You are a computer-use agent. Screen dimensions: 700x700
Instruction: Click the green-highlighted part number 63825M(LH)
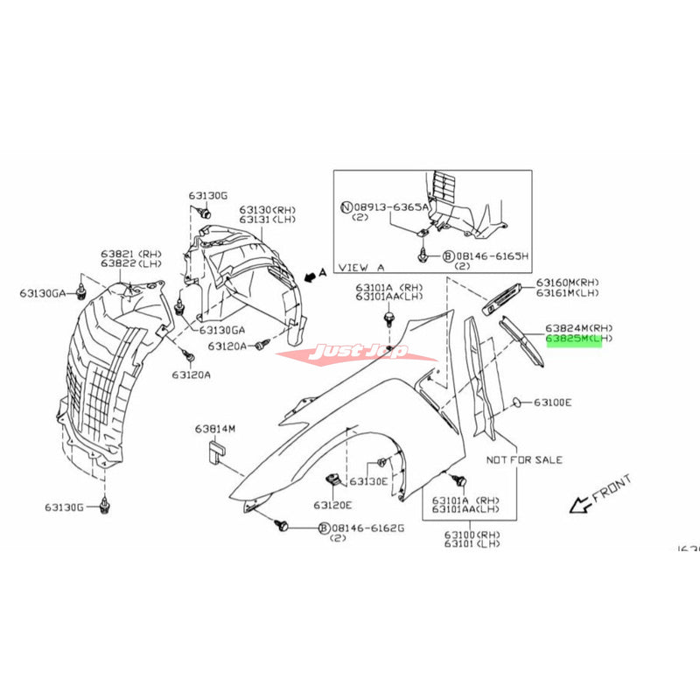(x=573, y=338)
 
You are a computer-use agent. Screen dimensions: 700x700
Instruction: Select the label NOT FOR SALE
(x=524, y=459)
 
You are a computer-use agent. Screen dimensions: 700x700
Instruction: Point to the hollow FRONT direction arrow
(x=578, y=504)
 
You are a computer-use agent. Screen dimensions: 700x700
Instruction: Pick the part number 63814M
(x=215, y=429)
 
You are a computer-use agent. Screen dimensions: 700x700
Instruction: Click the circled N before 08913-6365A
(x=346, y=206)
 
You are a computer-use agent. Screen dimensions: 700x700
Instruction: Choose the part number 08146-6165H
(x=489, y=256)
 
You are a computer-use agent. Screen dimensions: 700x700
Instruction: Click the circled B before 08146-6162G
(x=324, y=528)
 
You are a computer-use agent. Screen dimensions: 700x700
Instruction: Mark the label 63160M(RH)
(x=568, y=282)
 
